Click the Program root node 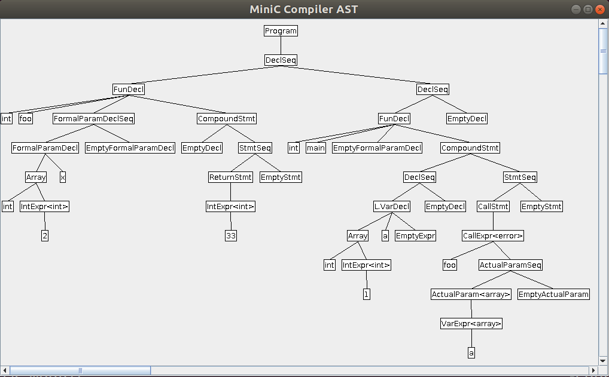[281, 30]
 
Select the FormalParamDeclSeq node [94, 118]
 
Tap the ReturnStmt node [231, 177]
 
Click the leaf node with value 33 [231, 235]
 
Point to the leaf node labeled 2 [45, 235]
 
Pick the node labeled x [63, 177]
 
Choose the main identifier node [316, 148]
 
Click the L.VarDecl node [392, 206]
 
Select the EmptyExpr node [415, 235]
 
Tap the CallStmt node [493, 206]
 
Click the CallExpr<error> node [493, 235]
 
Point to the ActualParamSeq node [510, 265]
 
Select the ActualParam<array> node [471, 294]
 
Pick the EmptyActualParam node [553, 294]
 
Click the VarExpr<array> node [471, 323]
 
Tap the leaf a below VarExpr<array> [471, 353]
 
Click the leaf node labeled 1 [367, 294]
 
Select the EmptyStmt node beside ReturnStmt [281, 177]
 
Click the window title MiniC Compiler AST [304, 9]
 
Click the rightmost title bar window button [599, 9]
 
